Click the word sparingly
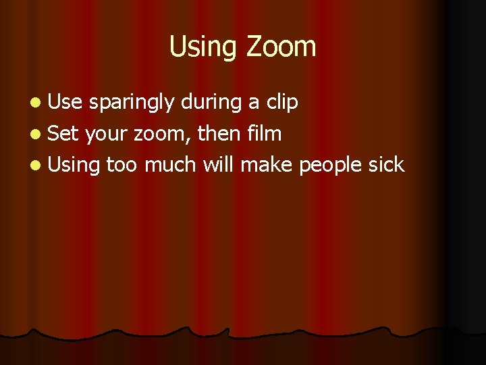click(132, 103)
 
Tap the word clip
click(282, 103)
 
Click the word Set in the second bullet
click(65, 133)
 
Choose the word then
click(219, 133)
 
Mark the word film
click(265, 133)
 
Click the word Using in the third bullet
click(74, 165)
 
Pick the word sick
click(387, 164)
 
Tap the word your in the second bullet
click(107, 135)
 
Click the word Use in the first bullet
click(66, 102)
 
